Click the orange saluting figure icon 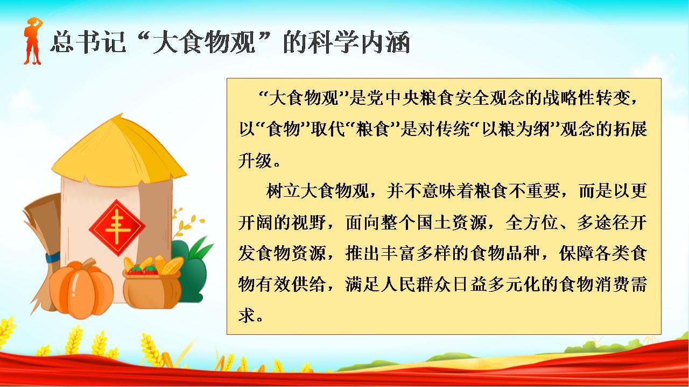coord(33,41)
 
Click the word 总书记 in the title coord(88,42)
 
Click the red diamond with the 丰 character coord(117,227)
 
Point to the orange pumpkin coord(81,288)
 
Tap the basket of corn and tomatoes coord(153,283)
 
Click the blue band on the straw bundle coord(53,257)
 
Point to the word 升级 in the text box coord(255,161)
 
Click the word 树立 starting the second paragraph coord(283,191)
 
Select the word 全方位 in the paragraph coord(531,223)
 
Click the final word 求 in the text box coord(247,316)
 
